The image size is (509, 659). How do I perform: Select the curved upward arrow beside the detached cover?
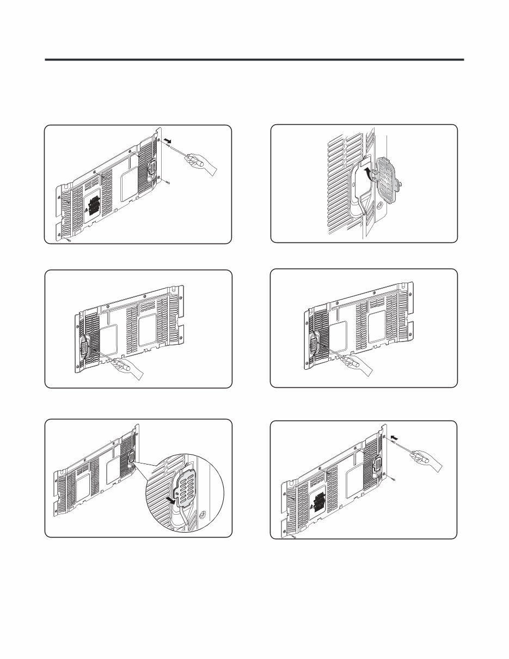370,174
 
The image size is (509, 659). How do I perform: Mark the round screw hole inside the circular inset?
203,514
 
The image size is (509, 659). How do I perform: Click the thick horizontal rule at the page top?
254,59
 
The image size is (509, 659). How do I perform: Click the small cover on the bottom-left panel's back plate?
130,460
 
